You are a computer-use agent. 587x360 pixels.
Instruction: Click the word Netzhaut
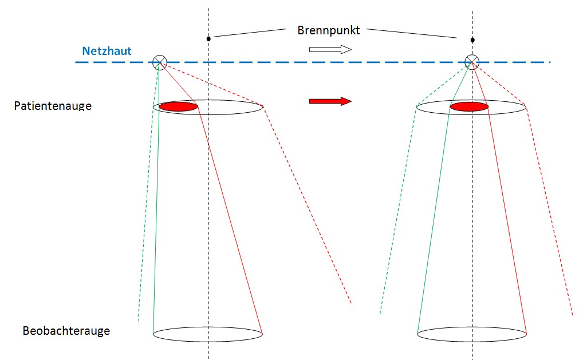click(x=107, y=51)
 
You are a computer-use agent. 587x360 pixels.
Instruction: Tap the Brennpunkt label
click(x=328, y=30)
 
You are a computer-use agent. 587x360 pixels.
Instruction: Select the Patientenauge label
click(x=53, y=106)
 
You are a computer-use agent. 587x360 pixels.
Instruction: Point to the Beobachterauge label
click(x=66, y=331)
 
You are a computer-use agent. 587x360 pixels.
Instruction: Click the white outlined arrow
click(x=330, y=49)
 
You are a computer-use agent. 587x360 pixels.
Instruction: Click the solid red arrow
click(x=330, y=101)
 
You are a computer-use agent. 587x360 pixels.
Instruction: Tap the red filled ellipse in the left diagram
click(x=178, y=106)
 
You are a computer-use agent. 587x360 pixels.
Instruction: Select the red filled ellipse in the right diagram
click(x=469, y=106)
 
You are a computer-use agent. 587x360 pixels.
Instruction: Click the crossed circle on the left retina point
click(x=160, y=62)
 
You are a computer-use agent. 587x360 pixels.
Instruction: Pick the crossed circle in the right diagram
click(x=471, y=62)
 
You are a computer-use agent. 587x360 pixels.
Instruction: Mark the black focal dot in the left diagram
click(x=208, y=39)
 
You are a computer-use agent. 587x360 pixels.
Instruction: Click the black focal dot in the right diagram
click(x=472, y=40)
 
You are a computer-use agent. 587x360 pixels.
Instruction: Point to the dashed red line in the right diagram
click(x=550, y=212)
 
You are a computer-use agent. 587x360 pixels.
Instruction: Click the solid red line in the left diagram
click(x=229, y=217)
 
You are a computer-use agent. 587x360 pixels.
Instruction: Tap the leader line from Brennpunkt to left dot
click(x=249, y=33)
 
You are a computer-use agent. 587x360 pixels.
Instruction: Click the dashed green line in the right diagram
click(x=398, y=212)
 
